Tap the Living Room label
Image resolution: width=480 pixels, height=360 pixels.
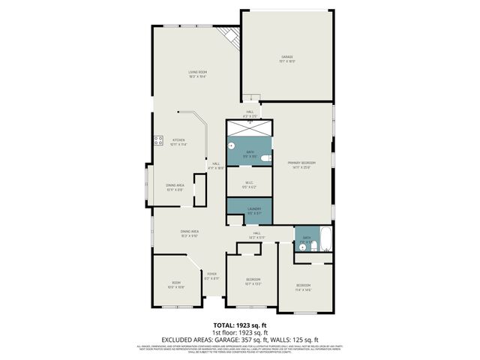[x=197, y=74]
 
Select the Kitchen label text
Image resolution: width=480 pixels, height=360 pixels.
[x=178, y=142]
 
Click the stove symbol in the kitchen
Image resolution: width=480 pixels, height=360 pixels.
[x=158, y=139]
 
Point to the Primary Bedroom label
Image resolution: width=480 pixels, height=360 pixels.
[x=301, y=164]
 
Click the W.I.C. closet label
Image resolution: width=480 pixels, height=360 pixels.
[x=249, y=184]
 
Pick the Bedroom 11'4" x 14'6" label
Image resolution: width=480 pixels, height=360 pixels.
[x=303, y=287]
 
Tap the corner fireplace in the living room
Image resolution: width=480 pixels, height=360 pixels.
[x=229, y=36]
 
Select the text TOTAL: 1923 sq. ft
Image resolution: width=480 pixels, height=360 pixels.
[x=240, y=325]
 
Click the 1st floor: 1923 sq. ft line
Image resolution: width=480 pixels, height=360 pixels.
[x=240, y=331]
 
